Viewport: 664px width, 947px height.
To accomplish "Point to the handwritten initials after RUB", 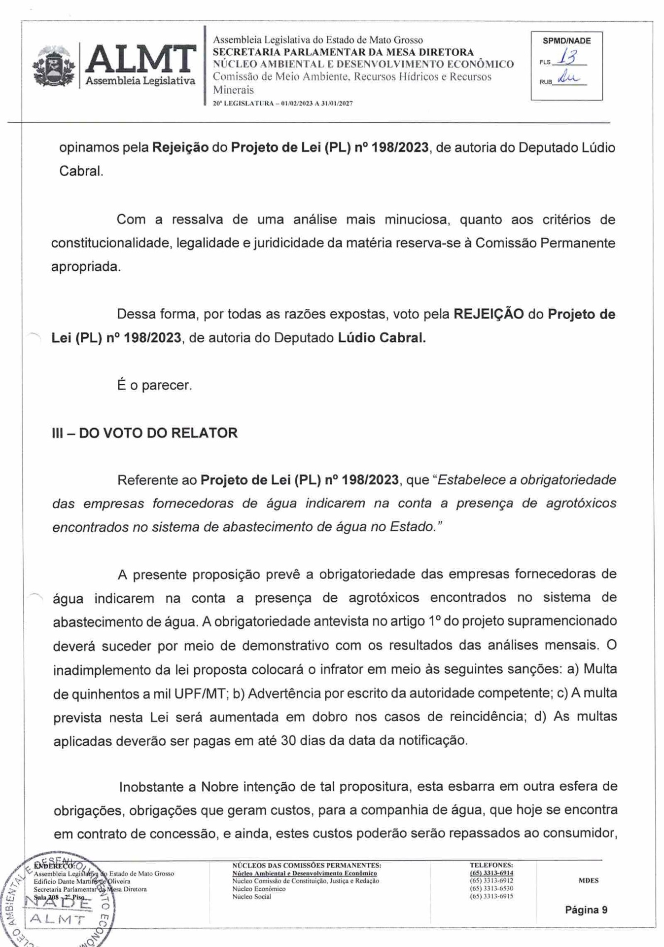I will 568,78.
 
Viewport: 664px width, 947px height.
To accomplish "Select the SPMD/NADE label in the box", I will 566,41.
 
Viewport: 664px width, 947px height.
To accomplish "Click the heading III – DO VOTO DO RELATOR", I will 144,433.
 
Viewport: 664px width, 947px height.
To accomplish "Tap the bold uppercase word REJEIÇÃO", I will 488,314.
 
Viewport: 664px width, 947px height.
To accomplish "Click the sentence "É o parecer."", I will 154,385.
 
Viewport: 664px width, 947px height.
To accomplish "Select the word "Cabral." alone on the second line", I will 81,171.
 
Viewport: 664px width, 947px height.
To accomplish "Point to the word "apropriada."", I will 86,267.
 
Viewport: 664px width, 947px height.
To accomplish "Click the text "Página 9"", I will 586,910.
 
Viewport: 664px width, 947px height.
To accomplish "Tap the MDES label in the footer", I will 589,880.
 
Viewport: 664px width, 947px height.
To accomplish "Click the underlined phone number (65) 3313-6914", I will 491,873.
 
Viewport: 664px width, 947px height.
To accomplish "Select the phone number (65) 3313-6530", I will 491,888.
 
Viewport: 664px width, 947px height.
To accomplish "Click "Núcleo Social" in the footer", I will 251,896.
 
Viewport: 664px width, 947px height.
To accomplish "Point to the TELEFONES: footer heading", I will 491,865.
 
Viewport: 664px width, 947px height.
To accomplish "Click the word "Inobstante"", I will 151,787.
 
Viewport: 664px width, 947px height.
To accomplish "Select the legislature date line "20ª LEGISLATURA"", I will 282,104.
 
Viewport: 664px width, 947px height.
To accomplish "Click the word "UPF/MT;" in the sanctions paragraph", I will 201,693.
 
